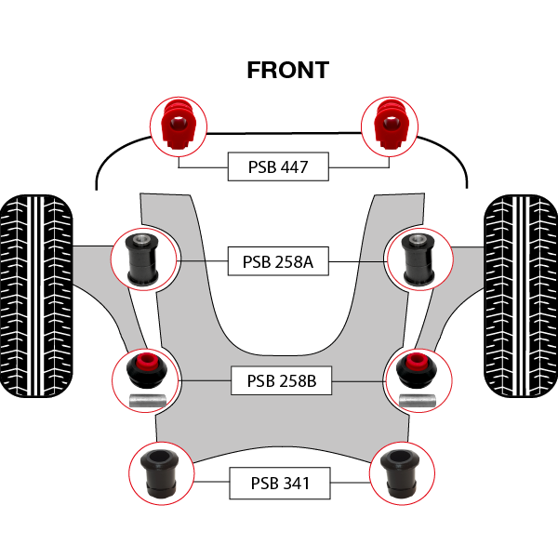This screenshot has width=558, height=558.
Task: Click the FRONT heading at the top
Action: [287, 70]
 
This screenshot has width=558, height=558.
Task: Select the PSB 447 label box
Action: [278, 167]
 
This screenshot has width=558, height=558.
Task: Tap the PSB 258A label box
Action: [278, 262]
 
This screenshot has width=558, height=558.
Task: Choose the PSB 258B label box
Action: [281, 380]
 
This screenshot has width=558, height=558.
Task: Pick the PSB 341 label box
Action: [280, 484]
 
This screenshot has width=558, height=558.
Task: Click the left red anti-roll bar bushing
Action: [177, 124]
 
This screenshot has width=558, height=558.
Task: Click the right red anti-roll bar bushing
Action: [390, 124]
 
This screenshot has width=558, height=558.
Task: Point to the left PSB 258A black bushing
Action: [142, 259]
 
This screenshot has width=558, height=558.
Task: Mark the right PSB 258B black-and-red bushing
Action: [416, 370]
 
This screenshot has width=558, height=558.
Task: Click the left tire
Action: [36, 296]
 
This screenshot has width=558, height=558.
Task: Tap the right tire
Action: [520, 296]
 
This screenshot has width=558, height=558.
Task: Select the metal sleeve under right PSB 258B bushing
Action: [416, 401]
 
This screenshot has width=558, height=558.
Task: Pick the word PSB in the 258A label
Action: [256, 262]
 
